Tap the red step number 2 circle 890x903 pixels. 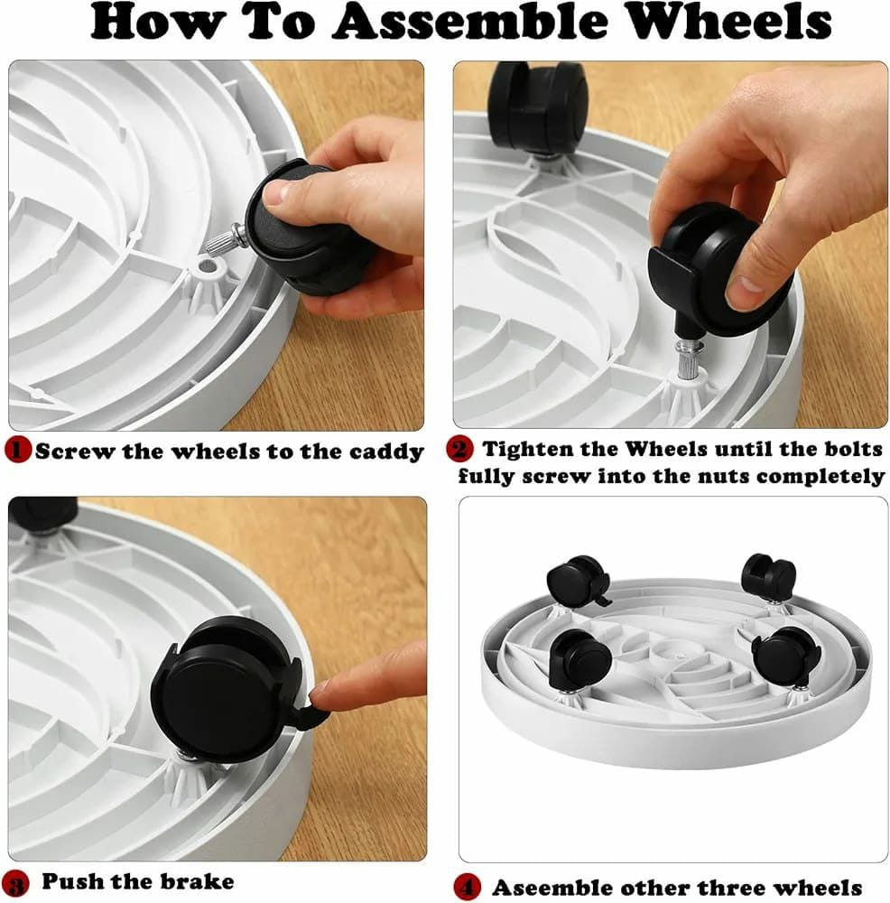tap(460, 449)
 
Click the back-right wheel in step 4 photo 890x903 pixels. tap(769, 578)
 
